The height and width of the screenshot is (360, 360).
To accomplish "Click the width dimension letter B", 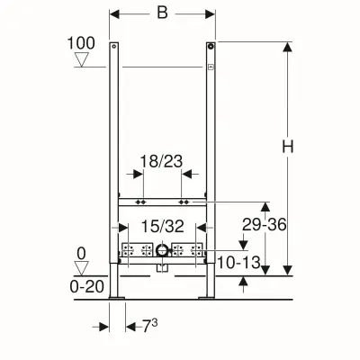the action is [162, 13].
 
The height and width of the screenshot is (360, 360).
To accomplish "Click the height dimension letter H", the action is [288, 147].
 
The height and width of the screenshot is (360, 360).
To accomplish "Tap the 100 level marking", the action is [81, 43].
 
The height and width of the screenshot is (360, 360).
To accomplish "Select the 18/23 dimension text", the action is [161, 161].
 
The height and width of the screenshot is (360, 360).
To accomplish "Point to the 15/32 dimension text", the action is [162, 226].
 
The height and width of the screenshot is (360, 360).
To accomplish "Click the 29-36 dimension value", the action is [265, 224].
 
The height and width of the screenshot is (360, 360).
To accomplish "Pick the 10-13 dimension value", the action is [238, 263].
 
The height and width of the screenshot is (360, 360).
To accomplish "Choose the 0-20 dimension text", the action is [87, 287].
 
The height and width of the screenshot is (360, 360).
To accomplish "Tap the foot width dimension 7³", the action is [149, 326].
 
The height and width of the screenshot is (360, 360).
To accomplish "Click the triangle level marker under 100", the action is [82, 59].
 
